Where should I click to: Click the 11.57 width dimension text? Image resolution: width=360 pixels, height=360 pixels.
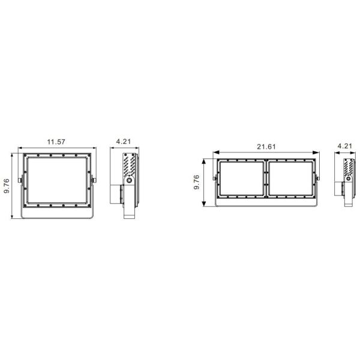point(56,142)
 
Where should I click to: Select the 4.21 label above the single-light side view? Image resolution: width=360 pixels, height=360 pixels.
point(124,142)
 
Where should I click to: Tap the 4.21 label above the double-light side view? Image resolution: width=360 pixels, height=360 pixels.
point(345,146)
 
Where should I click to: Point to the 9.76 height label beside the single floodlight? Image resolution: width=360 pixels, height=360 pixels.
point(7,185)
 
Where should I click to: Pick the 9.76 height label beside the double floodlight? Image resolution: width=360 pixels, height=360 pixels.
point(197,183)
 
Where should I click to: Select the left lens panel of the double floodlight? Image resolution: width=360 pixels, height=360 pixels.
point(241,179)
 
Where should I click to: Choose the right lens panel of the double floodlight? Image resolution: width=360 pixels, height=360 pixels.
point(292,179)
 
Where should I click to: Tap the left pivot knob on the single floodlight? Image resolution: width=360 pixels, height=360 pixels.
point(20,180)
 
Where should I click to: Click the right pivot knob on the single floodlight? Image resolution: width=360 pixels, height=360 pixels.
point(94,180)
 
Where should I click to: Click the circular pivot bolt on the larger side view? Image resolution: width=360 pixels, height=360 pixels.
point(128,181)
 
